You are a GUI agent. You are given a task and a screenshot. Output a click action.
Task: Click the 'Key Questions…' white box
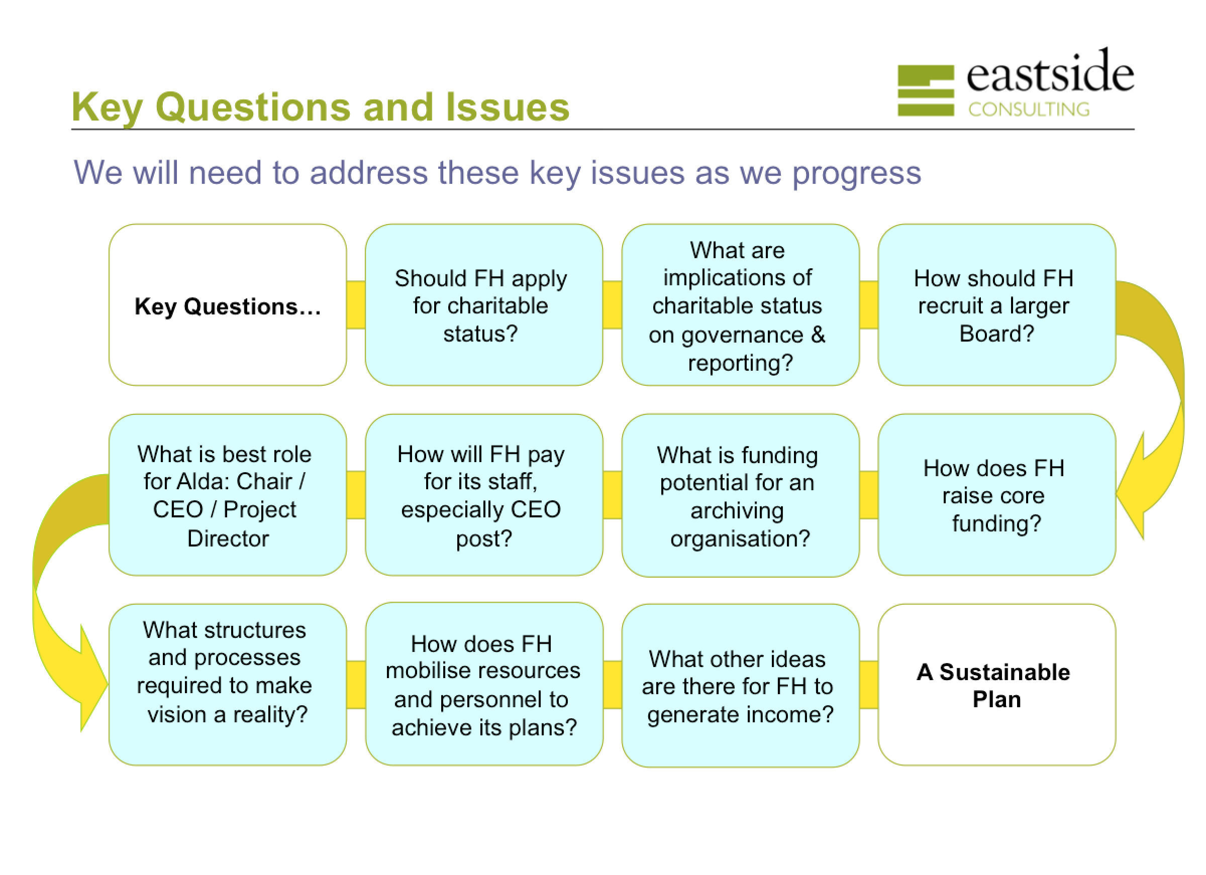(228, 305)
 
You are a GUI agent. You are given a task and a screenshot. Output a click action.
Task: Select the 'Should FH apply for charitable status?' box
(484, 305)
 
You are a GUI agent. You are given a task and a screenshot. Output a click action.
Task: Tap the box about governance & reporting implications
(740, 305)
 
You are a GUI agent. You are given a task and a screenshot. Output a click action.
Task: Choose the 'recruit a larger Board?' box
(996, 305)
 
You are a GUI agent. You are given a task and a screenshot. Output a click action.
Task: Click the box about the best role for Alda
(228, 495)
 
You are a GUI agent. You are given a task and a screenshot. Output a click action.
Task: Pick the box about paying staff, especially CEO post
(484, 495)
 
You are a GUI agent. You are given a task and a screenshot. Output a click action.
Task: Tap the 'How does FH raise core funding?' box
(996, 495)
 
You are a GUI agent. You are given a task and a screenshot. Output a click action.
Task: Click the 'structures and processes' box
(228, 685)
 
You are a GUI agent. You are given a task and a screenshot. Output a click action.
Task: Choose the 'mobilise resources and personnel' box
(484, 684)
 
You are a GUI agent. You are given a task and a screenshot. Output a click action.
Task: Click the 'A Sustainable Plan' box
(996, 685)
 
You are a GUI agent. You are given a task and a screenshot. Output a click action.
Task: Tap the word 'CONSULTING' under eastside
(1029, 110)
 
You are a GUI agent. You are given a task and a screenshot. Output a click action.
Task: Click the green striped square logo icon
(926, 90)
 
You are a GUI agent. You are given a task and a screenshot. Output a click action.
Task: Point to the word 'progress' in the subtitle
(857, 174)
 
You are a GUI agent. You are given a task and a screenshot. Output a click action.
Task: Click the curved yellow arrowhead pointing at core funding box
(1132, 486)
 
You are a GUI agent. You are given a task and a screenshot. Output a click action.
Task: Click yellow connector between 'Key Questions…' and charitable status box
(356, 305)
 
